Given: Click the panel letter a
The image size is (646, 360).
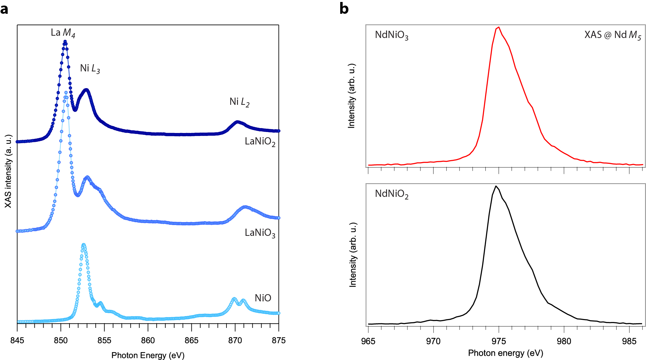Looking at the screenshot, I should coord(4,9).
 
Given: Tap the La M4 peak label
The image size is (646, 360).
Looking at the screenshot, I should coord(63,33).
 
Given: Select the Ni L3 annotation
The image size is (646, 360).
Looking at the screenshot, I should coord(90,68).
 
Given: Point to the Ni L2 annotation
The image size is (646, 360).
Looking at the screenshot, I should coord(239,102).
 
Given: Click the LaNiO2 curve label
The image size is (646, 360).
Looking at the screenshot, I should coord(260,142).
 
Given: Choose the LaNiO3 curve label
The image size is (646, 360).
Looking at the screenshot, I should coord(260,233).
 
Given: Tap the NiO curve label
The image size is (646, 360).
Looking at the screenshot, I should coord(263,298).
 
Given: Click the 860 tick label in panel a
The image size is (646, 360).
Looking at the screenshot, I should coord(148,341).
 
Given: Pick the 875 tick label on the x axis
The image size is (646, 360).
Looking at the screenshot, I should coord(279,341).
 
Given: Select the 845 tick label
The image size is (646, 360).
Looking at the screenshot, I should coord(17,341).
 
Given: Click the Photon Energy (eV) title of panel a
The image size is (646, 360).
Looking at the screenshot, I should coord(148,355).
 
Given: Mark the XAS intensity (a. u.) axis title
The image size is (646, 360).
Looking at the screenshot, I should coord(8,171).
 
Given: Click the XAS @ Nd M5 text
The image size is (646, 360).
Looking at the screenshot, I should coord(612,35).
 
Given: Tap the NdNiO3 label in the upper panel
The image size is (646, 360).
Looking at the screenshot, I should coord(391,35).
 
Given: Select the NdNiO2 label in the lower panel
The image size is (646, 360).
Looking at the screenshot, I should coord(391,194).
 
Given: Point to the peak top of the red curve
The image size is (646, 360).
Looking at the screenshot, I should coord(499,27).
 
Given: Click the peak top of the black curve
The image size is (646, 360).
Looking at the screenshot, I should coord(496,186).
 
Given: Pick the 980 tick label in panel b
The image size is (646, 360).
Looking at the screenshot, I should coord(564,341).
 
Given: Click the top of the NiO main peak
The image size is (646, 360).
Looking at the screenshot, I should coord(84,244).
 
